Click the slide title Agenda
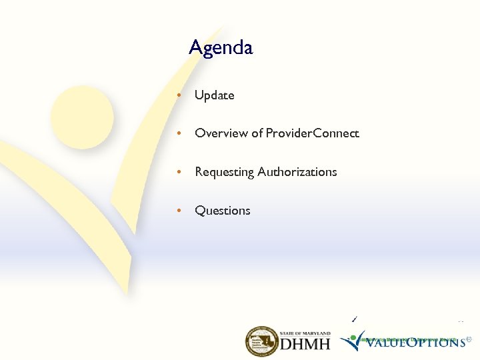tap(221, 48)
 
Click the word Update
tap(214, 95)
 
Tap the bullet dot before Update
tap(179, 95)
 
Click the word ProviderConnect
tap(312, 133)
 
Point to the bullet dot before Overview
tap(179, 133)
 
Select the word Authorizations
tap(297, 172)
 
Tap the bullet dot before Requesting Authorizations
tap(179, 172)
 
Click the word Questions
tap(222, 211)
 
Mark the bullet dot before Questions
tap(179, 211)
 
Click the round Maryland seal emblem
tap(261, 341)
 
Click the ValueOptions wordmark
tap(414, 342)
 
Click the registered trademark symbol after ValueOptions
tap(469, 339)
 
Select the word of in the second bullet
tap(257, 133)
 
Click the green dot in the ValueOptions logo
tap(353, 337)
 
